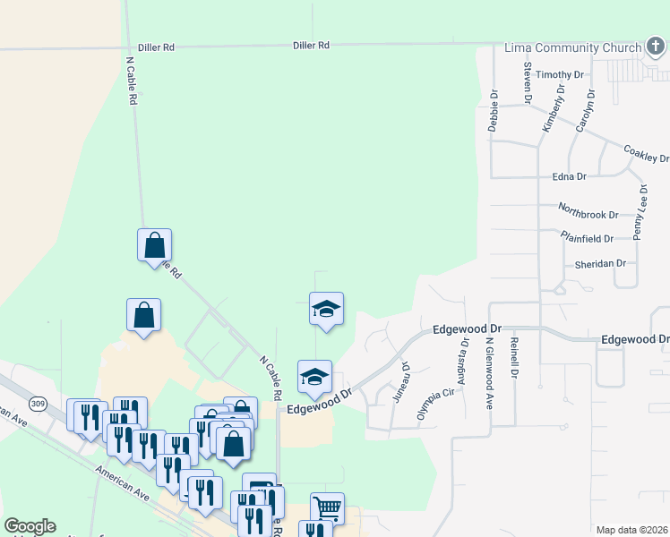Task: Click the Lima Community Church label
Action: coord(573,47)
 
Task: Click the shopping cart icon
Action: coord(327,507)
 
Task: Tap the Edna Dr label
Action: coord(569,177)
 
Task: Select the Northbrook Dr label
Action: coord(588,215)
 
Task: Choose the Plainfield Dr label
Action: coord(587,239)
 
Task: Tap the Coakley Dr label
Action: coord(646,154)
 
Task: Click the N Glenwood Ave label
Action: coord(490,374)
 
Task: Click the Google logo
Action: coord(30,526)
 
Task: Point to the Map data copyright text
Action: coord(631,530)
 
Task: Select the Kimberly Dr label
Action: coord(554,110)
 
